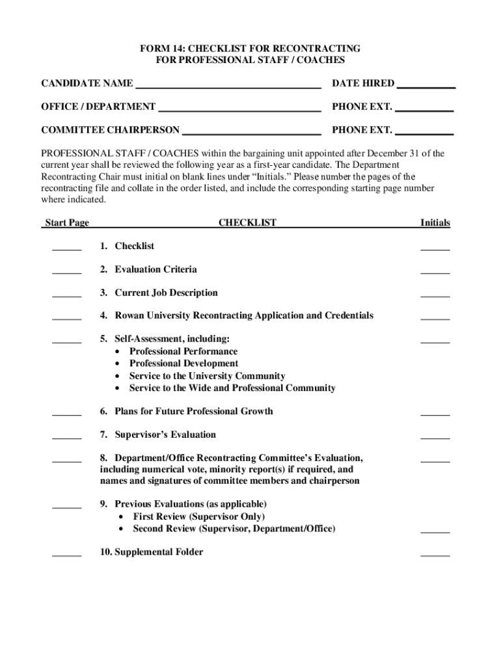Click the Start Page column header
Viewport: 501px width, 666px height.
pyautogui.click(x=66, y=222)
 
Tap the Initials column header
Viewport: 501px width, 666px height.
pyautogui.click(x=435, y=222)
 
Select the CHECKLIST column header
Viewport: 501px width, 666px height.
pyautogui.click(x=247, y=222)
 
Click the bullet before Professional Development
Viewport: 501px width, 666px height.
pyautogui.click(x=117, y=364)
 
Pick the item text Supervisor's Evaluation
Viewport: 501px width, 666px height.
pyautogui.click(x=165, y=434)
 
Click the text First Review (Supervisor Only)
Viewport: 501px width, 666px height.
pyautogui.click(x=198, y=516)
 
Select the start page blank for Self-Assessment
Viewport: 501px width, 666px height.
pyautogui.click(x=66, y=340)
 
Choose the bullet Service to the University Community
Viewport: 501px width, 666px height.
pyautogui.click(x=207, y=376)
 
